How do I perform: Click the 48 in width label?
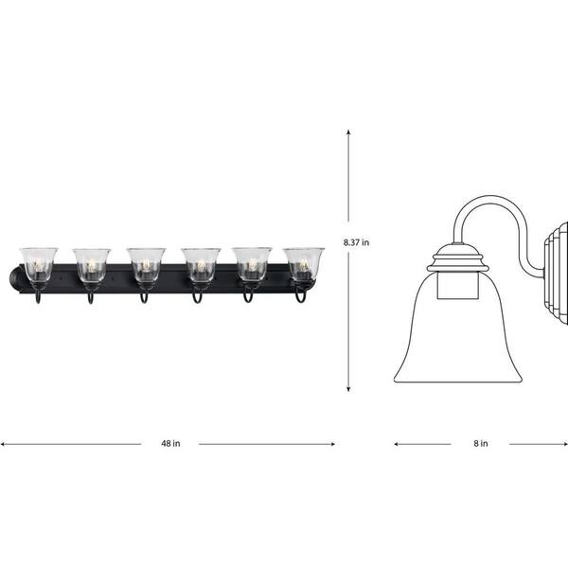pyautogui.click(x=170, y=443)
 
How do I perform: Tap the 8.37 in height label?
pyautogui.click(x=357, y=242)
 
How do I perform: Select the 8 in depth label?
pyautogui.click(x=481, y=443)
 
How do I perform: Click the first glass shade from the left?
pyautogui.click(x=39, y=264)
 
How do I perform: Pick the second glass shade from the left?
pyautogui.click(x=91, y=265)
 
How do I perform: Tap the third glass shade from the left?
pyautogui.click(x=146, y=264)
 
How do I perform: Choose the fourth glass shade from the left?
pyautogui.click(x=201, y=264)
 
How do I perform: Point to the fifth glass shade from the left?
pyautogui.click(x=252, y=264)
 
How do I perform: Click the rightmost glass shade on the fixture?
pyautogui.click(x=304, y=264)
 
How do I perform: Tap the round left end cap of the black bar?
pyautogui.click(x=17, y=279)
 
